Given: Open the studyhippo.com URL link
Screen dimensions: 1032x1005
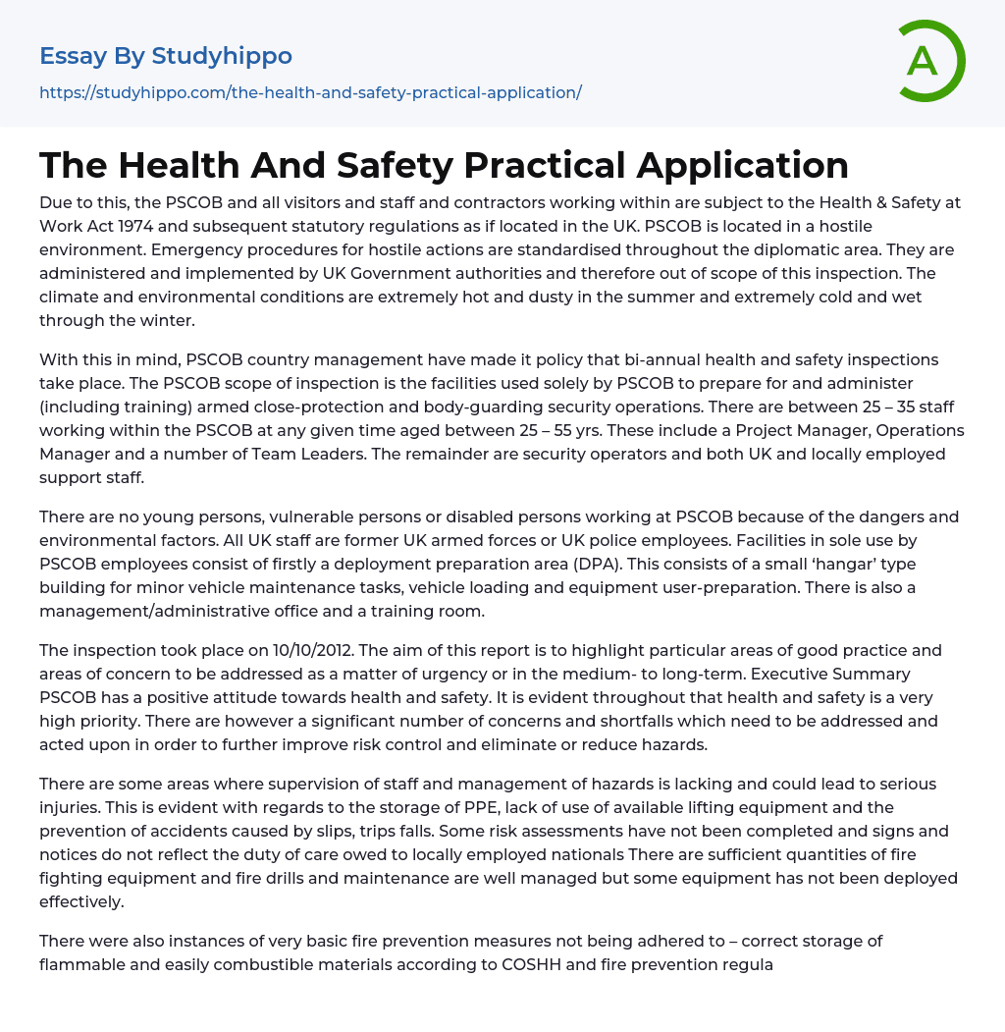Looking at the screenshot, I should coord(310,92).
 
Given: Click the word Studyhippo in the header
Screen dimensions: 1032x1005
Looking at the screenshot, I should coord(222,56).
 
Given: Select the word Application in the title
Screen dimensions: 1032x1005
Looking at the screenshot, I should coord(742,165).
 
